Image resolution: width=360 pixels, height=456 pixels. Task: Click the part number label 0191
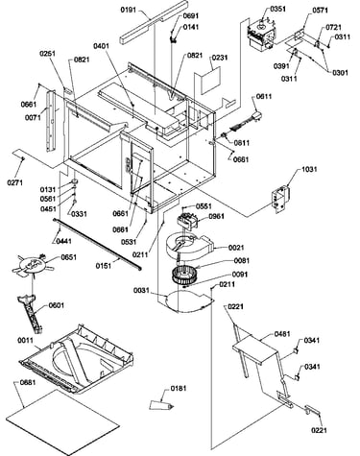coord(129,10)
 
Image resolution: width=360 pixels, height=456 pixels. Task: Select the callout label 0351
coord(278,9)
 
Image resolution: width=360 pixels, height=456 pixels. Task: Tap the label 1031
coord(309,169)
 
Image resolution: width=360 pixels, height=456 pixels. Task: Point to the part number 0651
coord(69,257)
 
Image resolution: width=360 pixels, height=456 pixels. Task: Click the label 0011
coord(25,340)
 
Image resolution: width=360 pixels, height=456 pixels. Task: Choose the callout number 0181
coord(179,388)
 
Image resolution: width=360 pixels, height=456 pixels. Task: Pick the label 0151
coord(104,266)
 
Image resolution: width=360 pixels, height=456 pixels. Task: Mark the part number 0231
coord(220,58)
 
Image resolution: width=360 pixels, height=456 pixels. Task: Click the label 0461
coord(282,334)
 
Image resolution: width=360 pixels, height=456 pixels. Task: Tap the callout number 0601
coord(57,305)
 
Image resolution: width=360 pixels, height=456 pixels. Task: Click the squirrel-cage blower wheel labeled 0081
coord(183,276)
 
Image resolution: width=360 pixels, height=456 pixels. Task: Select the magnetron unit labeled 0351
coord(262,35)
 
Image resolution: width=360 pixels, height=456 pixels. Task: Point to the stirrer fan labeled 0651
coord(33,265)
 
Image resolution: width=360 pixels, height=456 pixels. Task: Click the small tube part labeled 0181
coord(161,405)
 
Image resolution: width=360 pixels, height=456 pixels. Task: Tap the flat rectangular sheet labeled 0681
coord(62,422)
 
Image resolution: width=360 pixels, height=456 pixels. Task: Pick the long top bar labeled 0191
coord(154,22)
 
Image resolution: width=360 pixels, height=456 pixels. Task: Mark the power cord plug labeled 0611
coord(242,124)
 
